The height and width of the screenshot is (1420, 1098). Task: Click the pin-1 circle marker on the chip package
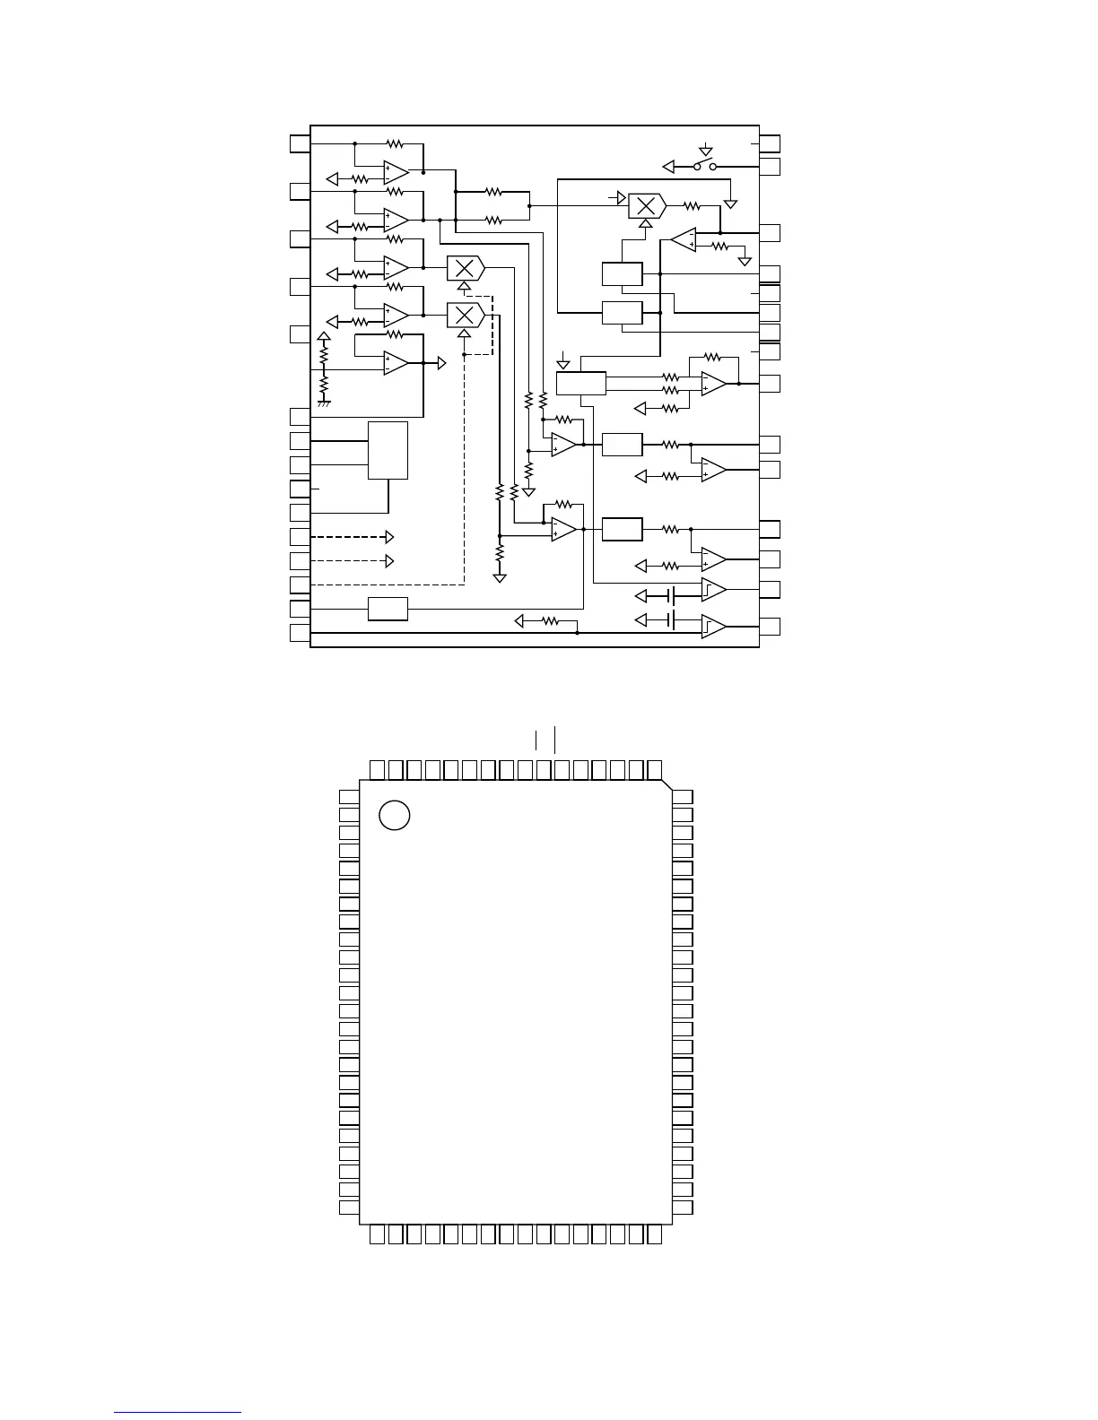tap(395, 815)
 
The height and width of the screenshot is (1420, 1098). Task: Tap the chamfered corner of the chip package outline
tap(667, 786)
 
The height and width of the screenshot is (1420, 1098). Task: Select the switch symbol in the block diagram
tap(705, 167)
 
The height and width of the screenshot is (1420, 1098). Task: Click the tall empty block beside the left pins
tap(388, 450)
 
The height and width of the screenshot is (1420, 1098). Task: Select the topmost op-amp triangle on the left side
tap(396, 170)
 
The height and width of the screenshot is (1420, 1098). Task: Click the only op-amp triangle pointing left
tap(684, 239)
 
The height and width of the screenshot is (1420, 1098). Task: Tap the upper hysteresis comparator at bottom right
tap(713, 590)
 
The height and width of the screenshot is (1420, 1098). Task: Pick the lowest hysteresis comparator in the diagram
tap(713, 626)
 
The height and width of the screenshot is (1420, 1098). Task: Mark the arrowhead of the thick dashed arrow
tap(389, 537)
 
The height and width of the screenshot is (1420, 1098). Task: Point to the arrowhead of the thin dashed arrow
tap(389, 561)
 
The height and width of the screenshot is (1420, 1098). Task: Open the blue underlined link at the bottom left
tap(178, 1413)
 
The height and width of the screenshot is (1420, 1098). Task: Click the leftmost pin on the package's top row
tap(378, 769)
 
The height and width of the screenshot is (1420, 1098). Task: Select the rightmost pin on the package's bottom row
tap(655, 1234)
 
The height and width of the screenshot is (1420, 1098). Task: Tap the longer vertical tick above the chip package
tap(555, 740)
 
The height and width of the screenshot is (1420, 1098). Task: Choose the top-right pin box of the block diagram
tap(770, 143)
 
